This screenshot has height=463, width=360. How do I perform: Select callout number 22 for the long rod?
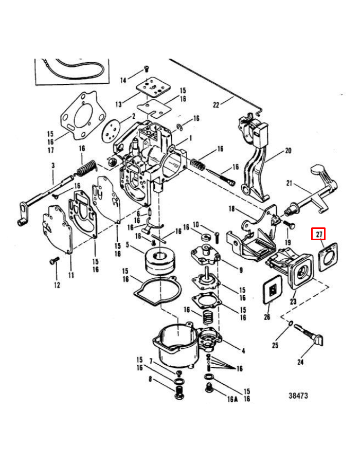point(216,104)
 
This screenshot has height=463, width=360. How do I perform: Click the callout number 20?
point(287,151)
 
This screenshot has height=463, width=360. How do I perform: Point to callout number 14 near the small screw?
point(122,80)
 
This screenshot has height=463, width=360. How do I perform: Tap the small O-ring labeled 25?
point(291,324)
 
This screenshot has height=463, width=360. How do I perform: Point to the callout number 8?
point(150,380)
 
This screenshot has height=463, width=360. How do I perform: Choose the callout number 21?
point(289,184)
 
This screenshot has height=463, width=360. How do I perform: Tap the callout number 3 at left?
point(52,166)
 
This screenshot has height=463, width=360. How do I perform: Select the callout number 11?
point(71,275)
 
